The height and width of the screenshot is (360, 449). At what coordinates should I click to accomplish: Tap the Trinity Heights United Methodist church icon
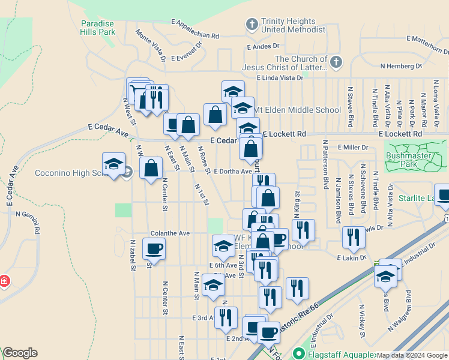(252, 25)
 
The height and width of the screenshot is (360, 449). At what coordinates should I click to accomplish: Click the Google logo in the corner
(20, 353)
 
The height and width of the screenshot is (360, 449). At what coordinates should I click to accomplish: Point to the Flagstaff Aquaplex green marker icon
(298, 354)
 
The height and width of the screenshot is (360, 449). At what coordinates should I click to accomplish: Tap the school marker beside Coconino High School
(113, 164)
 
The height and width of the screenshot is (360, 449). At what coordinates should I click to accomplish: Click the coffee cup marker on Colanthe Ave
(154, 248)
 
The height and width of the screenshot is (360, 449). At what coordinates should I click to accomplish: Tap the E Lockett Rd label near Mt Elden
(284, 134)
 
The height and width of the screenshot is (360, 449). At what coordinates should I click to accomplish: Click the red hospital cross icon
(4, 280)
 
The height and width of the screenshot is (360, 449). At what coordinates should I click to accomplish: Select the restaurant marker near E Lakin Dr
(354, 238)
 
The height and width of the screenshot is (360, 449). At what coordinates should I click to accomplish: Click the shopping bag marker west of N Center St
(151, 169)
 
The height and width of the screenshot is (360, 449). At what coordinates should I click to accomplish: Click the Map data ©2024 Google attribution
(412, 355)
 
